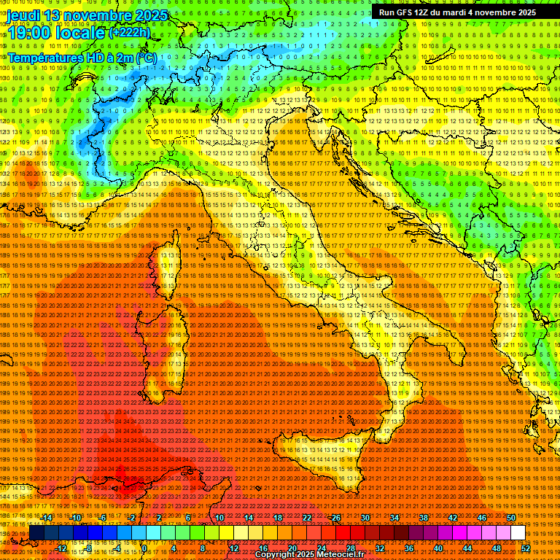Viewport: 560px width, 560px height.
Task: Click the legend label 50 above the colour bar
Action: [x=510, y=517]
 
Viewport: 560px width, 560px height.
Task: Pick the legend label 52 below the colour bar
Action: [x=525, y=548]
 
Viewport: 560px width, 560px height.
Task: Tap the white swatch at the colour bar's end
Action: [x=518, y=533]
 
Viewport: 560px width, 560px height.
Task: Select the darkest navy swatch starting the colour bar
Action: [x=36, y=533]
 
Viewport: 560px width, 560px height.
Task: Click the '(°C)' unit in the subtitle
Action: [x=145, y=57]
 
